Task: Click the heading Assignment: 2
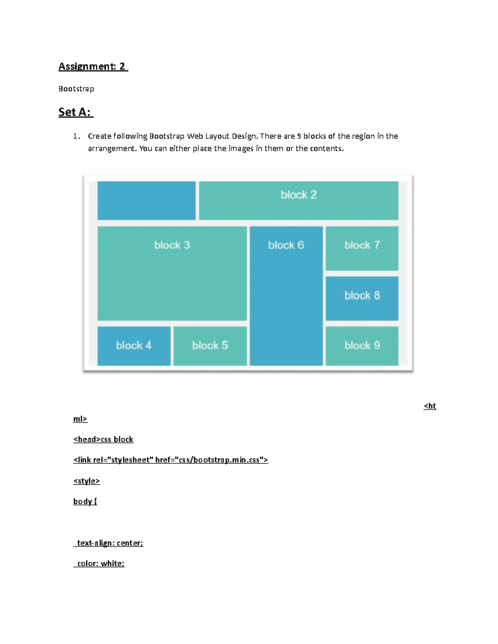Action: pos(93,66)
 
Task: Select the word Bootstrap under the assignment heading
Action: pos(76,89)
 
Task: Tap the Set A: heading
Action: pos(75,112)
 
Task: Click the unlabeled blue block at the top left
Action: pos(146,200)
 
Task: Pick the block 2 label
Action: pos(299,195)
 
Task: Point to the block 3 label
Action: pos(172,245)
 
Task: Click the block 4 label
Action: pos(134,345)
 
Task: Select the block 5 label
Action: pos(210,345)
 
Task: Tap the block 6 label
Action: pos(286,245)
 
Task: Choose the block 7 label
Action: pos(362,245)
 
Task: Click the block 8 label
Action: pos(362,295)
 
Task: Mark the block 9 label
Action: pos(362,345)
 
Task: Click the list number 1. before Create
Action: pos(76,136)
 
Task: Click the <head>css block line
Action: pos(103,440)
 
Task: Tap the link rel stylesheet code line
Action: pos(171,460)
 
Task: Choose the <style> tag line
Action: pos(87,481)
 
